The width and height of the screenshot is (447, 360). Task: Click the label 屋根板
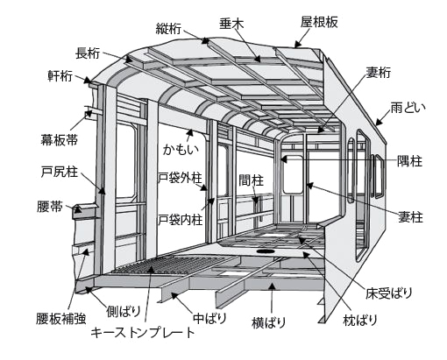(x=319, y=22)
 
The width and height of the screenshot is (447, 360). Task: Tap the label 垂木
(x=231, y=24)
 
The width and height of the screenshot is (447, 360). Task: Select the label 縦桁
(x=168, y=28)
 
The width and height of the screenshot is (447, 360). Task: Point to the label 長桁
(x=88, y=53)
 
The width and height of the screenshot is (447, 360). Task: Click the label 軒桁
(x=60, y=75)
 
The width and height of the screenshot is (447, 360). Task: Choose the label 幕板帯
(x=60, y=139)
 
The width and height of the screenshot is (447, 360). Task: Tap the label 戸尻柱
(x=60, y=172)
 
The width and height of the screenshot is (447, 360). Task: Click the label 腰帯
(x=50, y=206)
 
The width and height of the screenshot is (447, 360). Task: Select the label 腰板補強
(x=61, y=319)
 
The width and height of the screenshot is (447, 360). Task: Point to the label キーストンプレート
(x=143, y=333)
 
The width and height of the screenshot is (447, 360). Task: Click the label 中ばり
(x=209, y=318)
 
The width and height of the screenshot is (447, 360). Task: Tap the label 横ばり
(x=268, y=322)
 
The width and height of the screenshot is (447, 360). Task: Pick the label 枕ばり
(x=360, y=320)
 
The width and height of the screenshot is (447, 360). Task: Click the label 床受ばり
(x=389, y=293)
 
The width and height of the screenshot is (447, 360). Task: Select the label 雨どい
(x=408, y=109)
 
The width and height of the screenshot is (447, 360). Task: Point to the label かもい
(x=181, y=149)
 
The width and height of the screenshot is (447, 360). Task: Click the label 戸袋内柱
(x=181, y=219)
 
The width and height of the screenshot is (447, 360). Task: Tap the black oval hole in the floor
(x=266, y=251)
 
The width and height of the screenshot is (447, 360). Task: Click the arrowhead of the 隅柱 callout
(x=284, y=159)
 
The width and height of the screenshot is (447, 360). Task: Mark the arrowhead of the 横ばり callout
(x=272, y=286)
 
